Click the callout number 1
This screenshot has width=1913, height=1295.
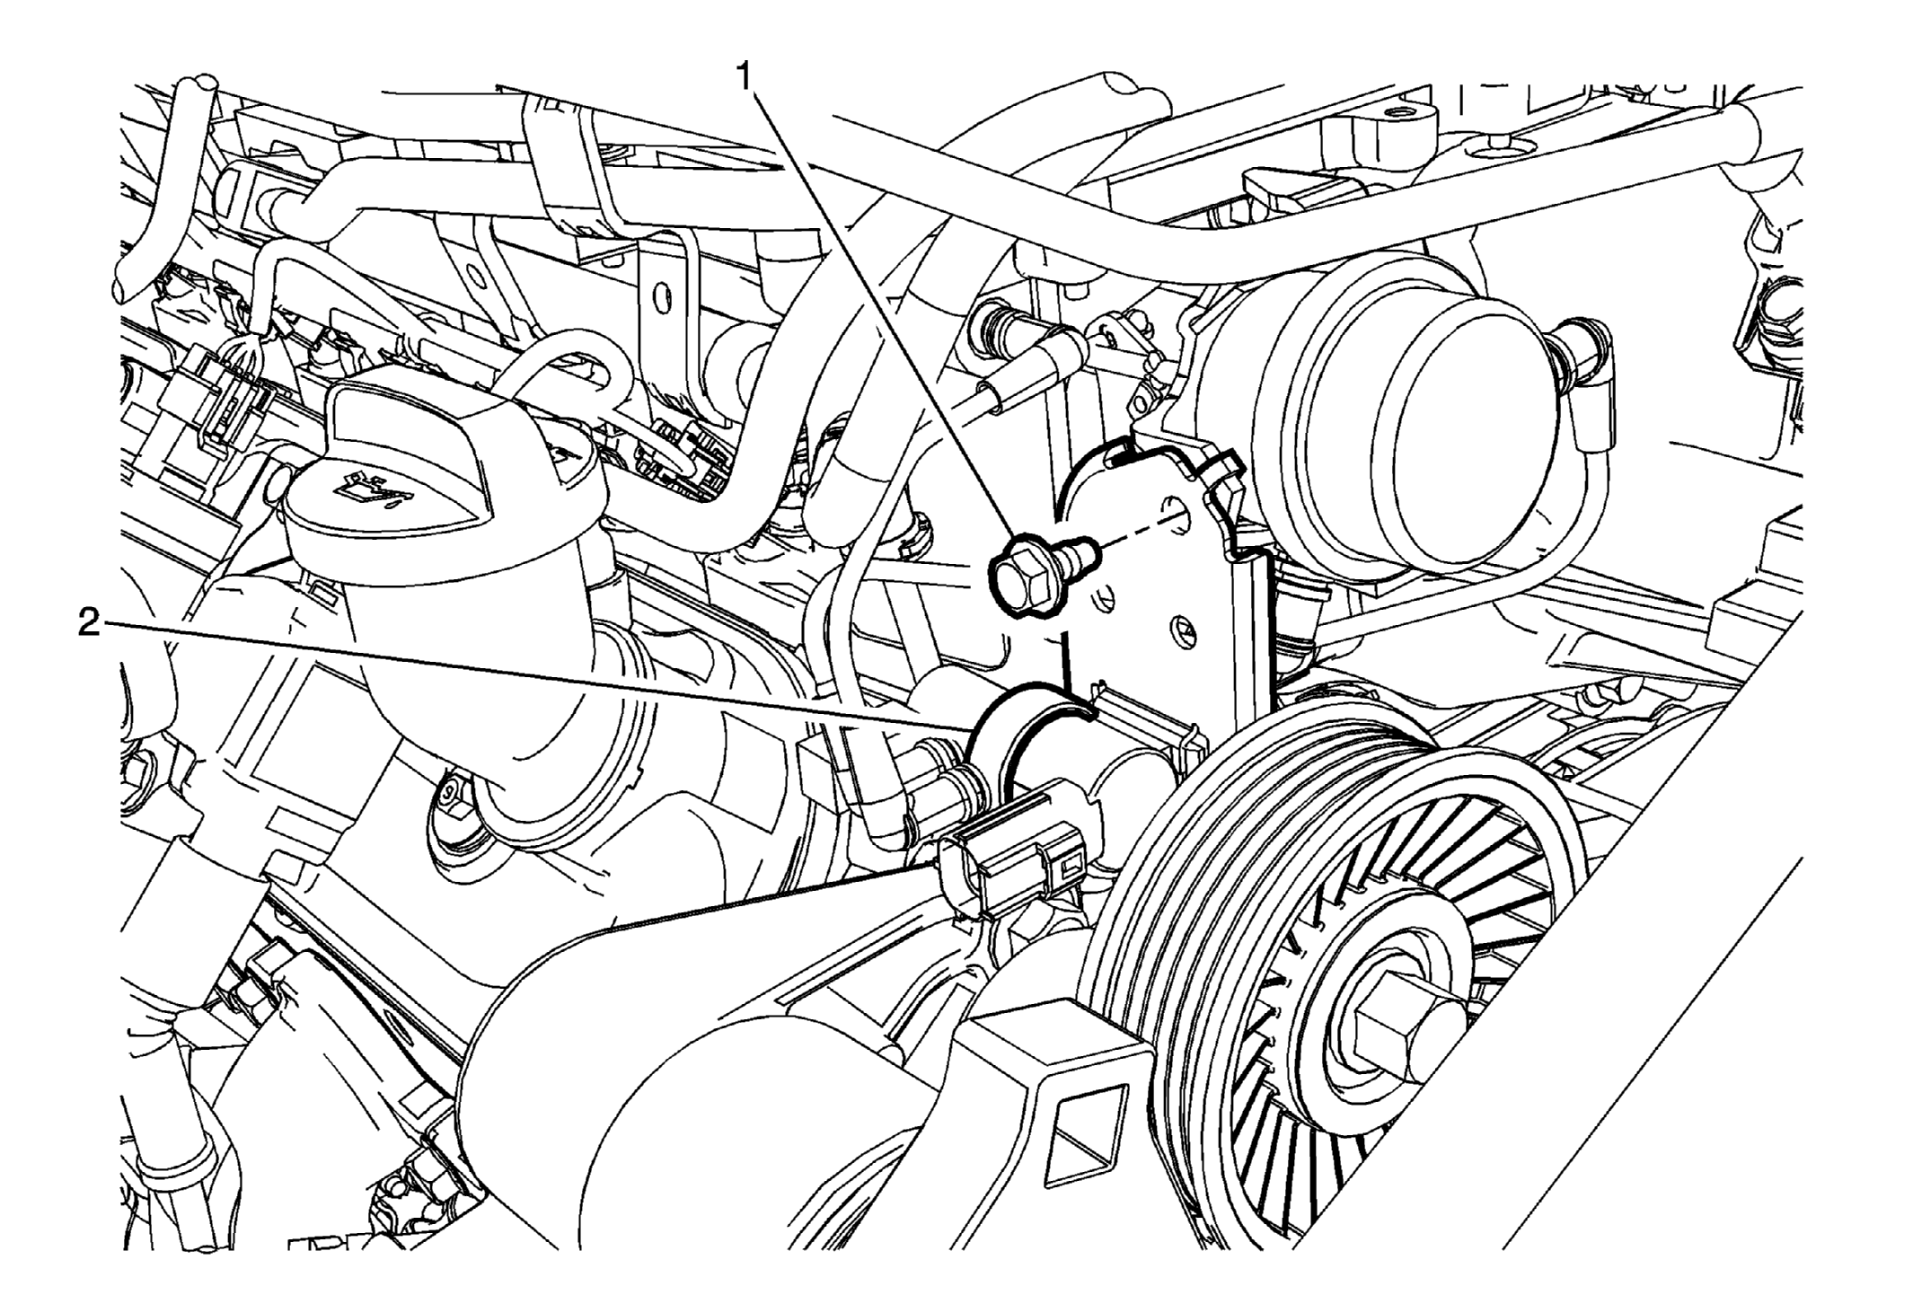(x=744, y=77)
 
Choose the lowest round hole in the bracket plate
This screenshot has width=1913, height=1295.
(x=1184, y=631)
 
